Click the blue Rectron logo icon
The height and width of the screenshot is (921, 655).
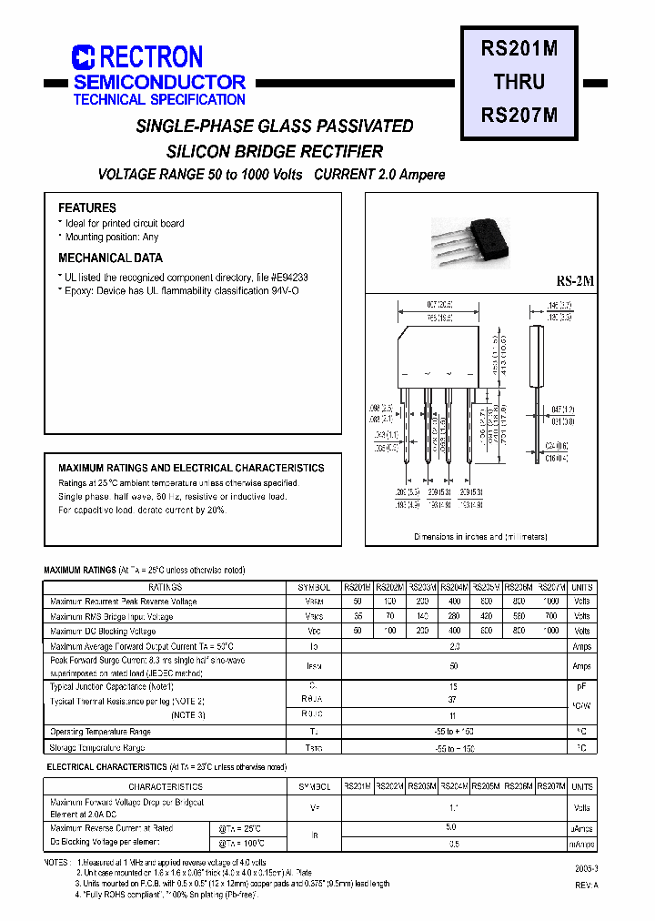click(x=84, y=57)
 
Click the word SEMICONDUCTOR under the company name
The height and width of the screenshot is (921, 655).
click(x=159, y=82)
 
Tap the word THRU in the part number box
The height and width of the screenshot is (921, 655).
click(x=519, y=82)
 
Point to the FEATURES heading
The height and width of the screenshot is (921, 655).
click(x=87, y=207)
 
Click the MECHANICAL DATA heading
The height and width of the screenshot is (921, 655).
click(x=110, y=258)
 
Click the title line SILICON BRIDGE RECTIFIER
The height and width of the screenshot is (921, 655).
click(x=275, y=152)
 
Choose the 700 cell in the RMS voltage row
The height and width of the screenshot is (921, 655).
click(x=551, y=616)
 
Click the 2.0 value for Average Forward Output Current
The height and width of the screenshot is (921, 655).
click(x=455, y=646)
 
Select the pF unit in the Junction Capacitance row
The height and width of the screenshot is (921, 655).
click(x=582, y=687)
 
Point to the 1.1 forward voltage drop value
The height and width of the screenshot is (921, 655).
click(x=455, y=807)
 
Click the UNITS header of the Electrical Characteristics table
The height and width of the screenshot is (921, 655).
click(x=582, y=786)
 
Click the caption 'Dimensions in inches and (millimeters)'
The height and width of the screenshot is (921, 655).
click(x=481, y=537)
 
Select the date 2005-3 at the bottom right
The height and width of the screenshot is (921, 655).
click(x=587, y=870)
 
